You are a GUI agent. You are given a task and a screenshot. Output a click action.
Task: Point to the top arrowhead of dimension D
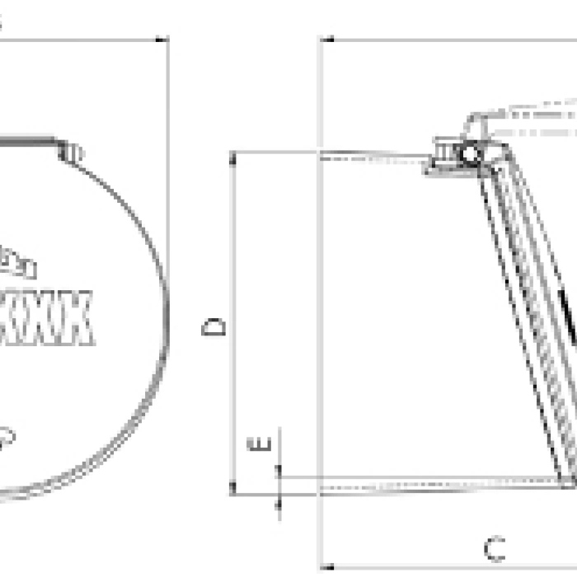[234, 157]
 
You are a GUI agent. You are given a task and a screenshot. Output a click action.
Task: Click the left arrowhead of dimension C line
[326, 567]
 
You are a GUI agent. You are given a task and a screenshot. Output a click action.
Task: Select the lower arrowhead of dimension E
[278, 500]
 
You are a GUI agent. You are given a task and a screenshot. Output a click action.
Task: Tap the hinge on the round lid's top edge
[71, 152]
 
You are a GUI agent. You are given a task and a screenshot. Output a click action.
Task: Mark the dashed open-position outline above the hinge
[528, 115]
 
